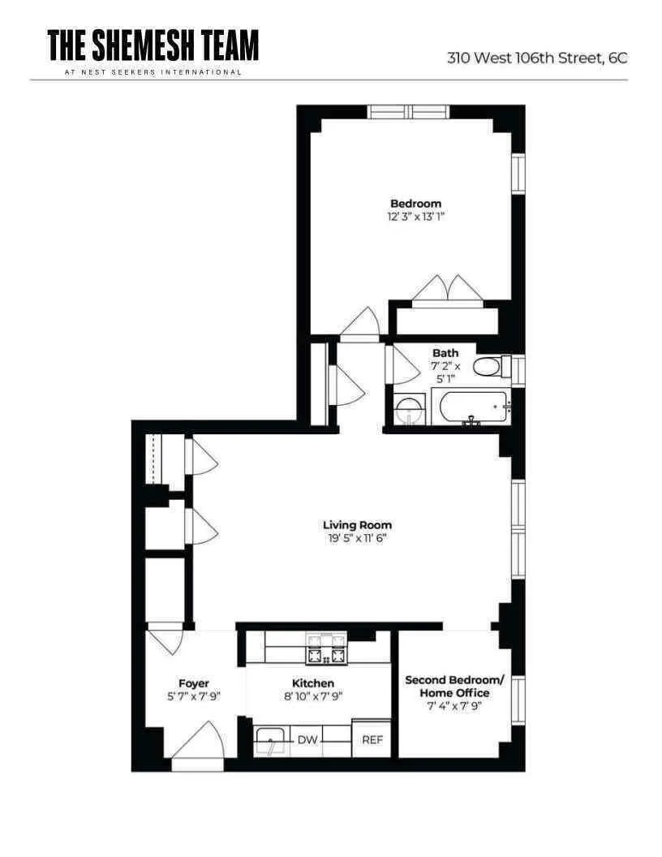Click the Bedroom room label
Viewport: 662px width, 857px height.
pos(415,204)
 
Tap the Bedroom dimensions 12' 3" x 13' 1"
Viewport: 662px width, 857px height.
pos(415,217)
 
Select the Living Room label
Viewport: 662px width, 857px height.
pos(357,525)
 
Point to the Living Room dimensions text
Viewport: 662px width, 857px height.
pos(357,538)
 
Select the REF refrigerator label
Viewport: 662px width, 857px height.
pos(372,739)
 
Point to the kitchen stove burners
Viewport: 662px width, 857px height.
pos(325,648)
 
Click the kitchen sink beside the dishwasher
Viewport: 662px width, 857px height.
pos(270,742)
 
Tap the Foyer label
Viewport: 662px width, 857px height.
pos(194,683)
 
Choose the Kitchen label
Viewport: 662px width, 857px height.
pos(313,683)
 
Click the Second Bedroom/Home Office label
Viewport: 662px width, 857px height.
pos(454,686)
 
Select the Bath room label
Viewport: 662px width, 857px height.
pos(445,353)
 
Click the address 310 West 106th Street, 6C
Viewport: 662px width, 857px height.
pos(537,58)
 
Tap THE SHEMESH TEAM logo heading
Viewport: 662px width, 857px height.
pos(153,45)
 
